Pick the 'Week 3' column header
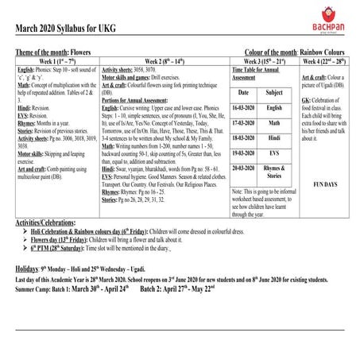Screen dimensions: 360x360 coord(263,60)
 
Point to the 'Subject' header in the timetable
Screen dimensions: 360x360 coord(274,93)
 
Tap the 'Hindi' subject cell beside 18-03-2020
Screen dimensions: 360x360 coord(274,137)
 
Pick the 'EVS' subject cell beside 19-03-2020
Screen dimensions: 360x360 coord(274,152)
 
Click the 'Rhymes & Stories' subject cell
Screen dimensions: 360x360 coord(274,171)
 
